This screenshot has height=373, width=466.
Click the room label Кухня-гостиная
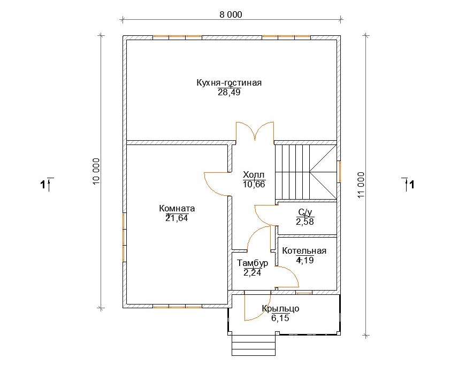click(x=229, y=82)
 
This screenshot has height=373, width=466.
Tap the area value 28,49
click(x=229, y=93)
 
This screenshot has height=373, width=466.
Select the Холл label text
click(x=254, y=174)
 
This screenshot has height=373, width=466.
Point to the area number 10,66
click(x=254, y=184)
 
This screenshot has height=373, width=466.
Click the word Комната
click(x=177, y=208)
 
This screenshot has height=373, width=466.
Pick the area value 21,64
click(x=177, y=218)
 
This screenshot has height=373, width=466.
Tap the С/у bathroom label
click(x=305, y=212)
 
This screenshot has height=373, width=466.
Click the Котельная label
click(x=304, y=250)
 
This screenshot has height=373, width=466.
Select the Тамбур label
click(x=253, y=263)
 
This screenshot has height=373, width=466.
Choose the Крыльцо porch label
click(x=280, y=308)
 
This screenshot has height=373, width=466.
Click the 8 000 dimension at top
click(x=231, y=14)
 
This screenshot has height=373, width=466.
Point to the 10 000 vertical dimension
click(x=96, y=171)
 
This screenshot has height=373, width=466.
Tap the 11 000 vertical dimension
click(x=361, y=185)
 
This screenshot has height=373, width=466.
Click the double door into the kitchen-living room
click(x=255, y=131)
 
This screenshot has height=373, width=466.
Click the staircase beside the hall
click(x=305, y=172)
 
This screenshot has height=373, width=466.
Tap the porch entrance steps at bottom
click(x=254, y=345)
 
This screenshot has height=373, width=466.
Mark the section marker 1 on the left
click(x=47, y=185)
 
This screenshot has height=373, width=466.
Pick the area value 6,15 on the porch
click(x=280, y=318)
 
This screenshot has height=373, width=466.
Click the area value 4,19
click(x=305, y=261)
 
